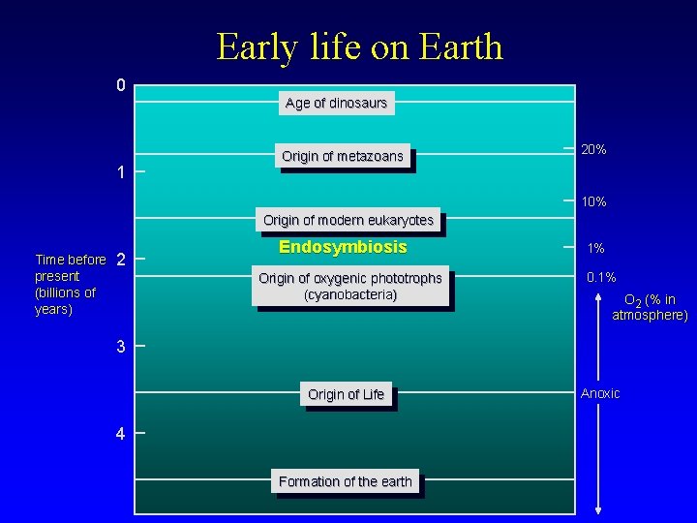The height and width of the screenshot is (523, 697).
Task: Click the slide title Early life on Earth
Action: pyautogui.click(x=359, y=46)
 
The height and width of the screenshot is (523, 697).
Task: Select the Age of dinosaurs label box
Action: pyautogui.click(x=336, y=103)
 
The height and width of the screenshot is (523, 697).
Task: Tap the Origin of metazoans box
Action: pyautogui.click(x=343, y=156)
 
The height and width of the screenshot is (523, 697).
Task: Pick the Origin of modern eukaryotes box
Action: pyautogui.click(x=348, y=221)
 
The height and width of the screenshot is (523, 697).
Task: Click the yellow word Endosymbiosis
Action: pyautogui.click(x=343, y=247)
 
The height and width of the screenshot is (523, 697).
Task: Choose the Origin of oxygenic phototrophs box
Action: pyautogui.click(x=350, y=287)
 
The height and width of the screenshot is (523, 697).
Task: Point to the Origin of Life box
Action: pyautogui.click(x=346, y=394)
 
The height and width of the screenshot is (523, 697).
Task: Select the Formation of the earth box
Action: pyautogui.click(x=346, y=481)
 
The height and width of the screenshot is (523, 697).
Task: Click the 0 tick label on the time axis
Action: pyautogui.click(x=120, y=86)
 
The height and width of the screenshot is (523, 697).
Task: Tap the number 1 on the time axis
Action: pyautogui.click(x=120, y=172)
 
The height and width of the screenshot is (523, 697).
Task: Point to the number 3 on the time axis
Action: pyautogui.click(x=120, y=347)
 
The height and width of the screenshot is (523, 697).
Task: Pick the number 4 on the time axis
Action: pyautogui.click(x=120, y=434)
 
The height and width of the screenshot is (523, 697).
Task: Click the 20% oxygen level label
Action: pyautogui.click(x=593, y=150)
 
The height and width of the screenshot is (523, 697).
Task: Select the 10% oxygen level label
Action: pyautogui.click(x=593, y=202)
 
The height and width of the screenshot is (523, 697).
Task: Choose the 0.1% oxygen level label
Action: pyautogui.click(x=601, y=278)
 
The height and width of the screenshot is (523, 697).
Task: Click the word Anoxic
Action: pyautogui.click(x=600, y=392)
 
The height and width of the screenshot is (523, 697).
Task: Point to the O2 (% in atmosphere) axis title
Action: pyautogui.click(x=650, y=307)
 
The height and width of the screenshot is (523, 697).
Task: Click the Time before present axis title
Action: pyautogui.click(x=70, y=284)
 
